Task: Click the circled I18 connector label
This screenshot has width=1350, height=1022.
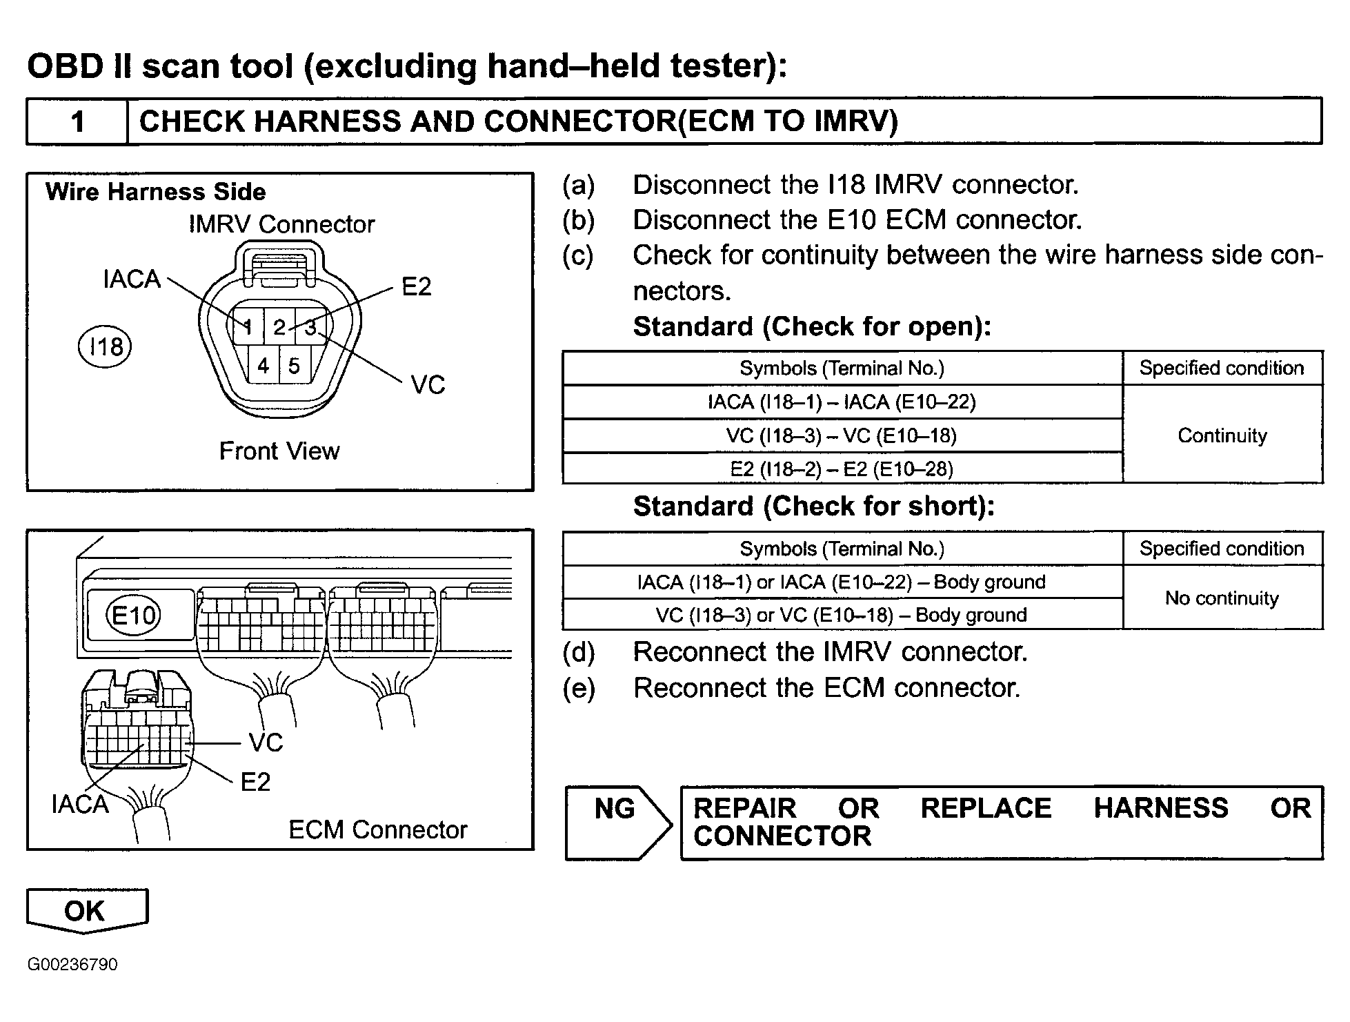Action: pyautogui.click(x=105, y=347)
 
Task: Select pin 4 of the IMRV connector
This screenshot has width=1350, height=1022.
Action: pyautogui.click(x=264, y=365)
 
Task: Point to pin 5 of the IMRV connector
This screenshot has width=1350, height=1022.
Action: pyautogui.click(x=295, y=365)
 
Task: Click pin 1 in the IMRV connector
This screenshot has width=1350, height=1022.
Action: pyautogui.click(x=248, y=326)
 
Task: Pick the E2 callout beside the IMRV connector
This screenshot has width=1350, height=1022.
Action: pyautogui.click(x=417, y=286)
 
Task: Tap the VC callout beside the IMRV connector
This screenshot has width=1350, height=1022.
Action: pyautogui.click(x=428, y=384)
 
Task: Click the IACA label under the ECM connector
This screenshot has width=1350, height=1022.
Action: pyautogui.click(x=80, y=804)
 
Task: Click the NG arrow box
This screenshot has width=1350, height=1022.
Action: pyautogui.click(x=617, y=823)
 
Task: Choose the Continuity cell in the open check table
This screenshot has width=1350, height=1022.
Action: pyautogui.click(x=1222, y=435)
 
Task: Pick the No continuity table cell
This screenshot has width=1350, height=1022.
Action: pyautogui.click(x=1222, y=598)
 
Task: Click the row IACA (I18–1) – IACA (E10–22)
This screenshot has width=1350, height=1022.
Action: pyautogui.click(x=842, y=402)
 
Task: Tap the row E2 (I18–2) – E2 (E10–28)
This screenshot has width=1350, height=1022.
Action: pyautogui.click(x=842, y=469)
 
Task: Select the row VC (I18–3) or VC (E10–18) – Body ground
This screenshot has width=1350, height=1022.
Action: pyautogui.click(x=842, y=614)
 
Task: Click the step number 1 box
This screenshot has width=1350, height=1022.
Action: pyautogui.click(x=77, y=121)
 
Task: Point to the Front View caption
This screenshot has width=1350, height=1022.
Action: pyautogui.click(x=279, y=451)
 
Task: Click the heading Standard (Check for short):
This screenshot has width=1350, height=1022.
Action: pyautogui.click(x=814, y=506)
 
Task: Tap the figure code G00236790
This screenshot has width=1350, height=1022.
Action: pyautogui.click(x=72, y=964)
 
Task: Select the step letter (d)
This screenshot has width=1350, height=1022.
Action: pyautogui.click(x=578, y=652)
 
